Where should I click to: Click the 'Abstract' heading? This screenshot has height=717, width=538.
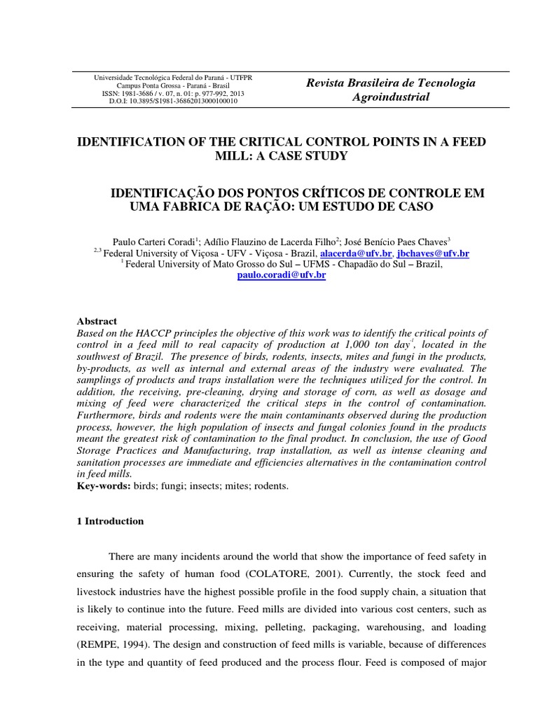pyautogui.click(x=97, y=321)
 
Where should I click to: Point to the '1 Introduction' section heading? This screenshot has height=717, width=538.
pyautogui.click(x=109, y=521)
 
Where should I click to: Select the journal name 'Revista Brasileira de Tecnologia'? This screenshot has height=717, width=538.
pyautogui.click(x=391, y=83)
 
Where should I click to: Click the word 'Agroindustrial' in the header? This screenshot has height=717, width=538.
pyautogui.click(x=391, y=97)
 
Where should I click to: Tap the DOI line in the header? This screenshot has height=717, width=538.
pyautogui.click(x=173, y=101)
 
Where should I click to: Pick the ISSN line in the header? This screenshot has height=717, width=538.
pyautogui.click(x=173, y=93)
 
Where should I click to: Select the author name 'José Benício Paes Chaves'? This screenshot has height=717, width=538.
pyautogui.click(x=398, y=241)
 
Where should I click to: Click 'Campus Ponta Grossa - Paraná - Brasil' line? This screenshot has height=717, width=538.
pyautogui.click(x=173, y=85)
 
